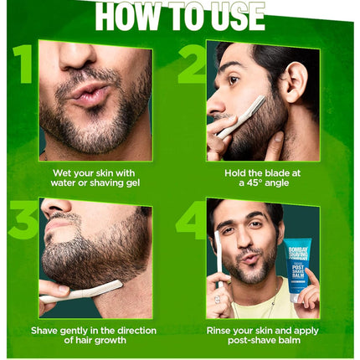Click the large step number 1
23,64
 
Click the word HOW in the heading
126,17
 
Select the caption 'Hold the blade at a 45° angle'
263,178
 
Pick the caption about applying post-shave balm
263,335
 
